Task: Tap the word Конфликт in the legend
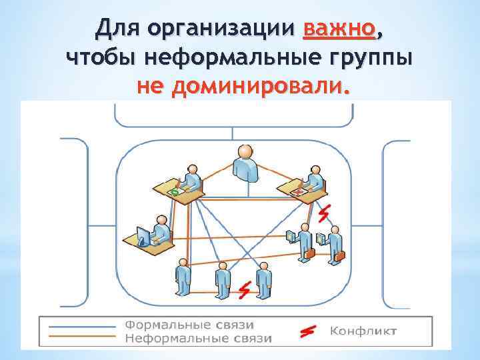click(x=364, y=331)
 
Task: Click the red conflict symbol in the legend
click(x=308, y=331)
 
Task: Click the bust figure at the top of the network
click(x=245, y=163)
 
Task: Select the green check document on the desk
click(x=175, y=192)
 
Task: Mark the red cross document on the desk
click(x=299, y=191)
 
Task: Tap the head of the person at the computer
click(x=161, y=220)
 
